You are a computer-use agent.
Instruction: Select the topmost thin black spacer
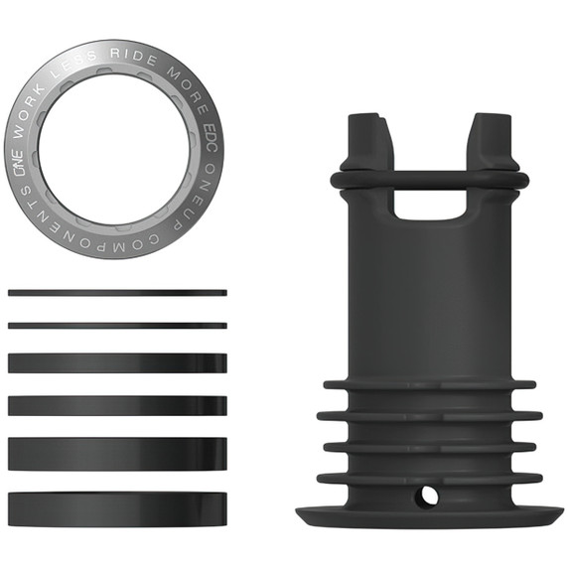(117, 293)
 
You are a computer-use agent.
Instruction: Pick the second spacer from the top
(117, 325)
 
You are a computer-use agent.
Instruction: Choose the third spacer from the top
(117, 362)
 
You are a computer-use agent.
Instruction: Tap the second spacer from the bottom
(117, 454)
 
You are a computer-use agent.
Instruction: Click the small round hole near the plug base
(428, 493)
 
